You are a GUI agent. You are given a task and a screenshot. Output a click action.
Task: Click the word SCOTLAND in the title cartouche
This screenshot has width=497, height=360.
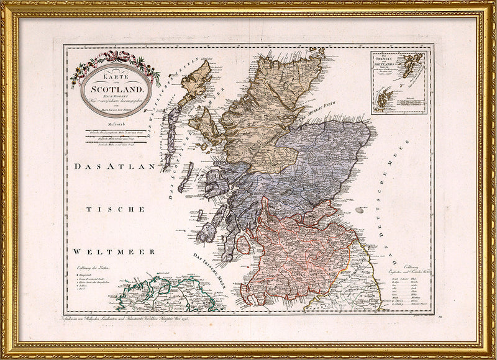(x=116, y=88)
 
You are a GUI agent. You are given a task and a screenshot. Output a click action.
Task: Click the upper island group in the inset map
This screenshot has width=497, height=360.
(x=411, y=64)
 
